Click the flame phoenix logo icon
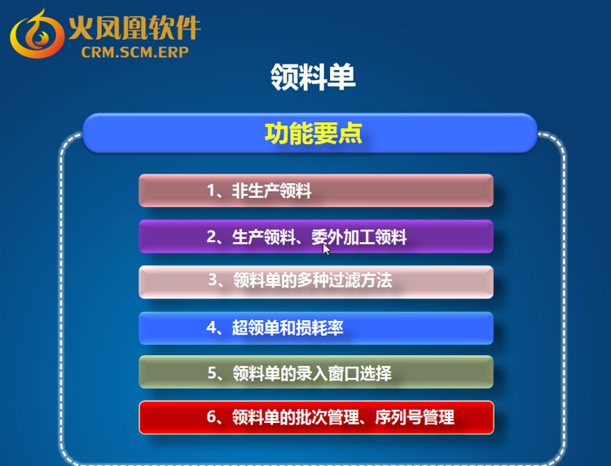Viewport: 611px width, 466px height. [x=37, y=34]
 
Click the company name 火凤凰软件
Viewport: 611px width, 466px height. [x=134, y=27]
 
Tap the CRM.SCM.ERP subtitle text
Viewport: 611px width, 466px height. [x=134, y=52]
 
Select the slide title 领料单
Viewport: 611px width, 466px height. [x=313, y=77]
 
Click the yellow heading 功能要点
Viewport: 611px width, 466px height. [x=314, y=134]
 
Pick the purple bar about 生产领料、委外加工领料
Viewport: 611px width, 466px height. [x=316, y=236]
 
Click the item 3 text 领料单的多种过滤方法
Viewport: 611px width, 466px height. [x=313, y=280]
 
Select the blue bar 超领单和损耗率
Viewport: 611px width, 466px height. [x=316, y=328]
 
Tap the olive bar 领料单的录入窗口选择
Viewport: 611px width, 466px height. [x=316, y=372]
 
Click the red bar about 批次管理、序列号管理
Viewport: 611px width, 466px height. [x=316, y=417]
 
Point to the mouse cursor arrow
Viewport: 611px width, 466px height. [x=326, y=249]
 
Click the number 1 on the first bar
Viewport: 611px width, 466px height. [x=211, y=191]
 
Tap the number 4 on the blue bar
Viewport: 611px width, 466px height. [x=211, y=328]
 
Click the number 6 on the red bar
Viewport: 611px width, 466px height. [x=211, y=417]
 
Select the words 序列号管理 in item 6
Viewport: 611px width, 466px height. [x=415, y=417]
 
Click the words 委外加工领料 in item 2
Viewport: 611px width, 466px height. [x=359, y=237]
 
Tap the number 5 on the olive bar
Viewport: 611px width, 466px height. [x=212, y=373]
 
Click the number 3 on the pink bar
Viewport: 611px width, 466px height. [x=213, y=279]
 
